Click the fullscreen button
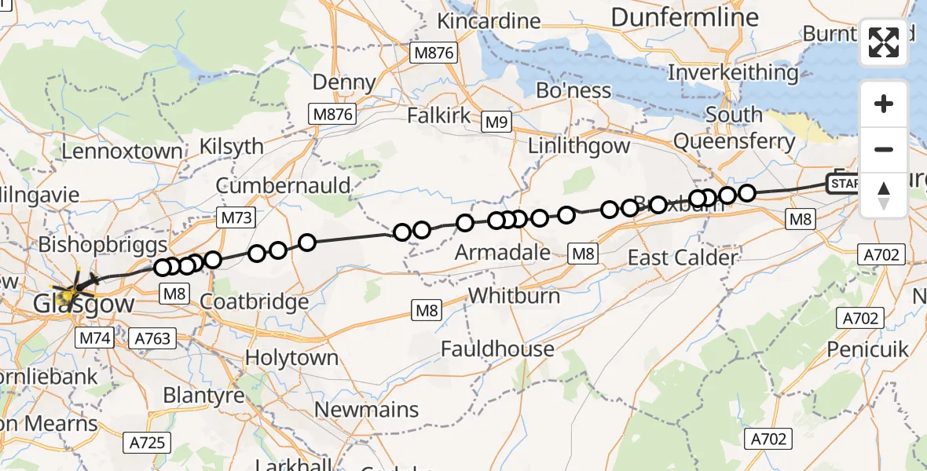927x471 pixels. [884, 42]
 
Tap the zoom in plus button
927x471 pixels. [884, 104]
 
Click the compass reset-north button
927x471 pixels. [884, 195]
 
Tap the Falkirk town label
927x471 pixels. [439, 115]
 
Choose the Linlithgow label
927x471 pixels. [579, 145]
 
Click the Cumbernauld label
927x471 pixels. [283, 185]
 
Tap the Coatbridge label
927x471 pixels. [254, 301]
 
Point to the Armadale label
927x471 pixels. [503, 252]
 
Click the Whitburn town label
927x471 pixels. [514, 295]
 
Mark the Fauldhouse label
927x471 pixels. [497, 348]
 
